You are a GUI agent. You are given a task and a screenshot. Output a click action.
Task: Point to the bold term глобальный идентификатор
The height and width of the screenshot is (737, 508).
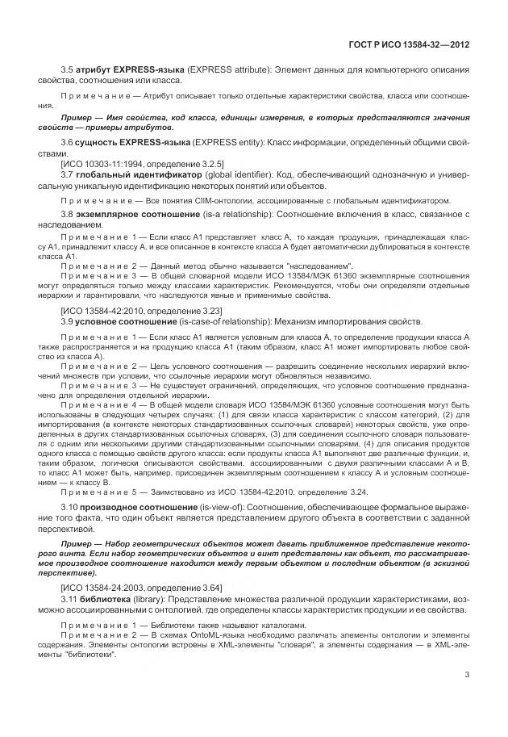click(128, 174)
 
